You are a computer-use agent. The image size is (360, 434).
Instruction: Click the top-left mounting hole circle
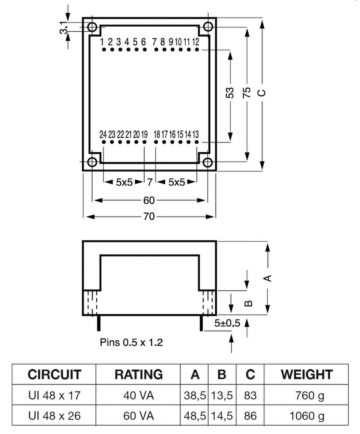92,28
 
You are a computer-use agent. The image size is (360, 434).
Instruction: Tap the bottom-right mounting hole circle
207,162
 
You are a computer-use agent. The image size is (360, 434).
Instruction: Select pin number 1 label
102,42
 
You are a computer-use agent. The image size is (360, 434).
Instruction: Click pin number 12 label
195,42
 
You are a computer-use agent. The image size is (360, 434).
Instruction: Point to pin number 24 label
103,134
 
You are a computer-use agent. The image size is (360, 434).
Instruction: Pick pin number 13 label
195,134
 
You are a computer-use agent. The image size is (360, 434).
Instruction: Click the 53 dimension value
229,93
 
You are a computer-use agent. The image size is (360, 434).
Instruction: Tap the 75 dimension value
247,93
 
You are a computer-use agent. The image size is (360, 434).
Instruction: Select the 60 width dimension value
149,200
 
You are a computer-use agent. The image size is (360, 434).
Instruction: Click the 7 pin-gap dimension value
149,183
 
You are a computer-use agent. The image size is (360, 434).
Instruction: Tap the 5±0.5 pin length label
227,323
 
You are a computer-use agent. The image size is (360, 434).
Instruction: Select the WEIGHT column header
307,374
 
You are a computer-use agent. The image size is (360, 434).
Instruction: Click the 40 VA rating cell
139,396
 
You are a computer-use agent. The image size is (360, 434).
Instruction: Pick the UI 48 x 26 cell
54,416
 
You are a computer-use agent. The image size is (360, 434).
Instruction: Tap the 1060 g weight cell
307,416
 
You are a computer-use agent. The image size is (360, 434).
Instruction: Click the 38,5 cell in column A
195,396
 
